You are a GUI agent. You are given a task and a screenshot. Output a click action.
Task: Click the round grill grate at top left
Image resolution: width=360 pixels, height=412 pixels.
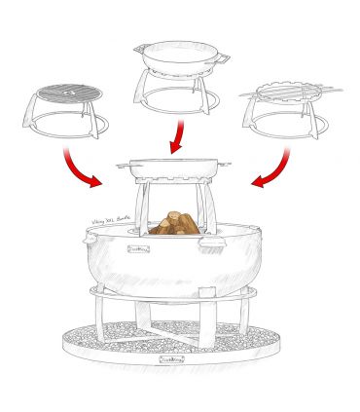[x=67, y=94]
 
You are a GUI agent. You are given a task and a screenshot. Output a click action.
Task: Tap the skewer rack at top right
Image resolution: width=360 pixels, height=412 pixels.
[x=289, y=94]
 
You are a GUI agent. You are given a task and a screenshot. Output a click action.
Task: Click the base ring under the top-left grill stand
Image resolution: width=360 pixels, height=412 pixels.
[x=62, y=128]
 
